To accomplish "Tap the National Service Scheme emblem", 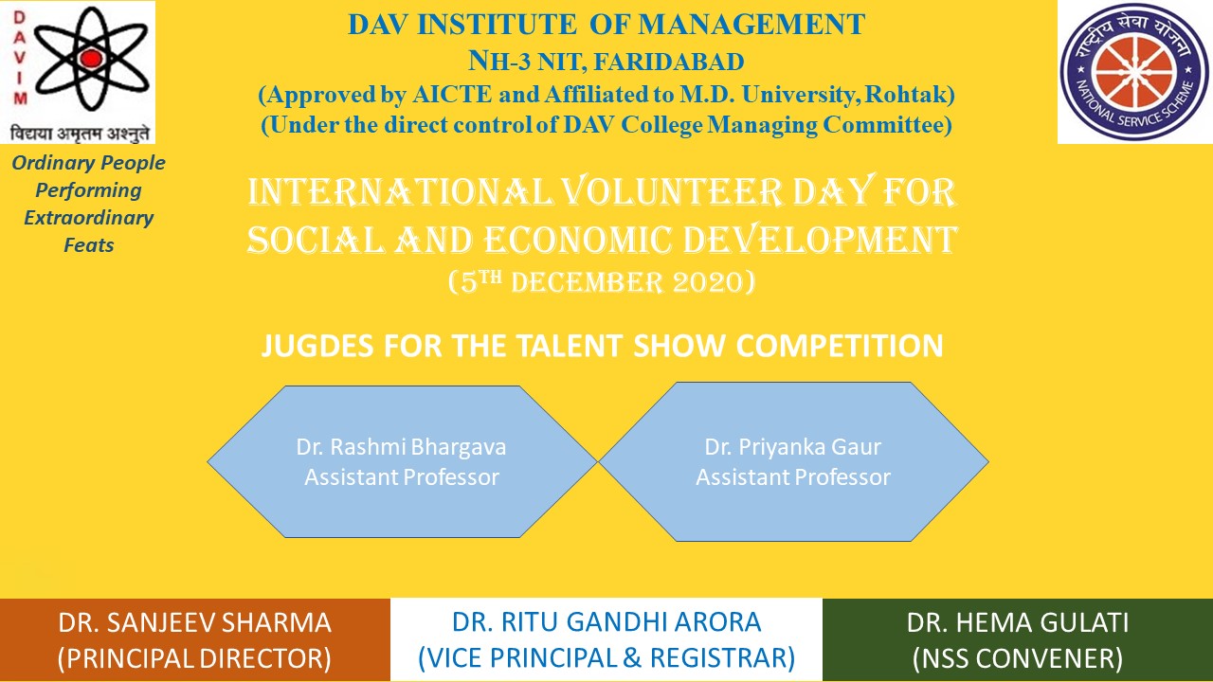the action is click(1134, 71).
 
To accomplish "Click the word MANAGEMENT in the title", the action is click(751, 25).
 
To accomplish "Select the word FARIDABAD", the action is click(669, 62).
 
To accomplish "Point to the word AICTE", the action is click(452, 95).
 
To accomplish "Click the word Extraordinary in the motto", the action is click(89, 218).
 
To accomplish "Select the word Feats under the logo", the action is click(89, 245).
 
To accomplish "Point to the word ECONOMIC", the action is click(578, 240).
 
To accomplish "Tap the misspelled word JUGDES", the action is click(317, 346).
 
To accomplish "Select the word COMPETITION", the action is click(840, 346).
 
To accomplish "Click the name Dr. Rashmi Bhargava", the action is click(401, 447).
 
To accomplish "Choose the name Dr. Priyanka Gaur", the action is click(793, 447).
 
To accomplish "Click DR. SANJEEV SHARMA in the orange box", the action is click(194, 622).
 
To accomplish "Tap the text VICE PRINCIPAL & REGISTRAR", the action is click(606, 658).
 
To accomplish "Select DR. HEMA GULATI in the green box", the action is click(1018, 622).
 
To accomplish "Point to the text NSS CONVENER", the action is click(1018, 658).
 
